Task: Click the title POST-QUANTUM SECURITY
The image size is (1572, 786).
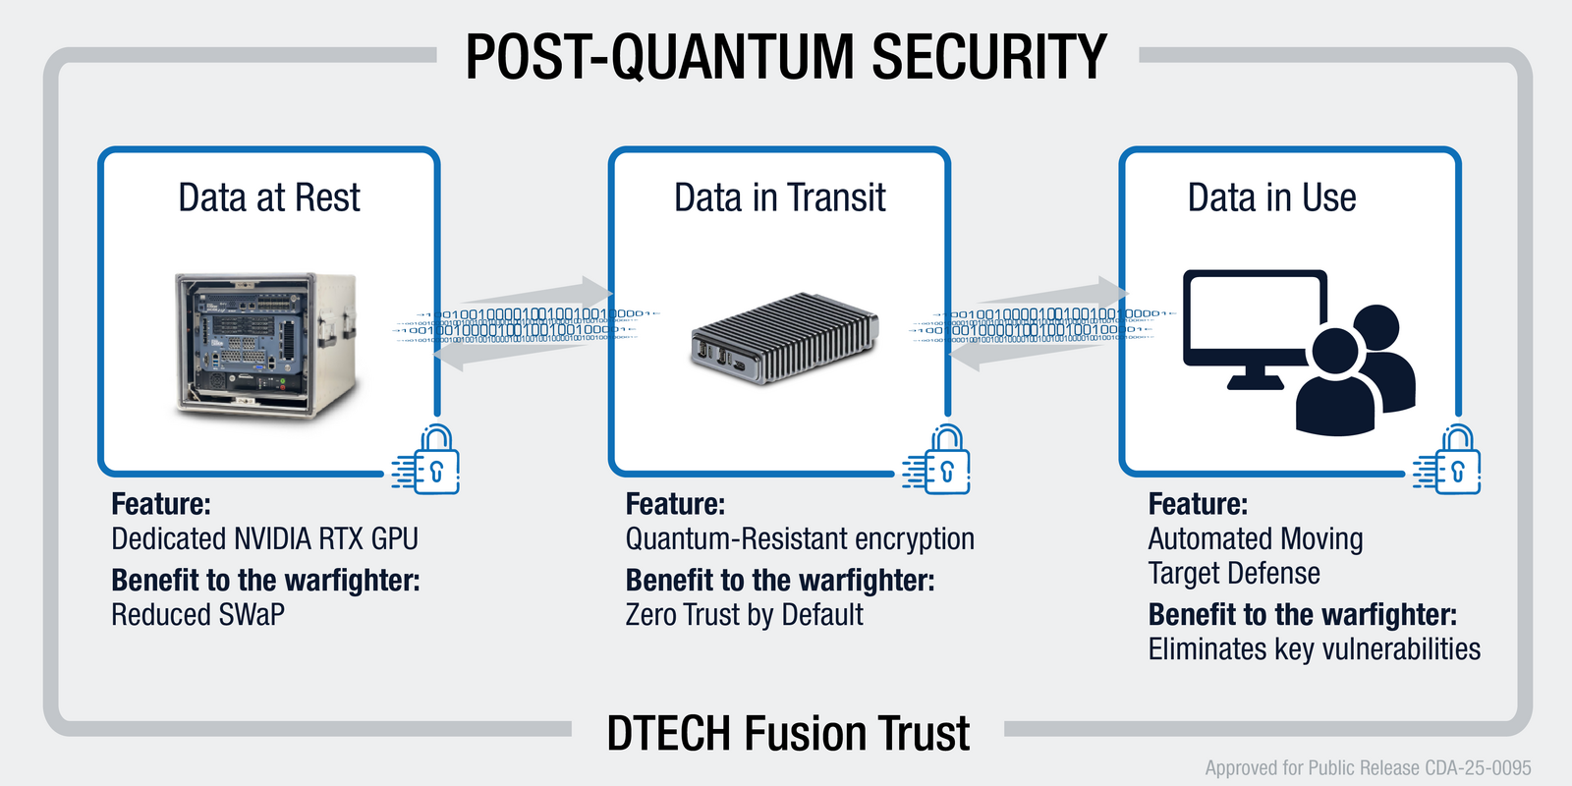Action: pyautogui.click(x=786, y=57)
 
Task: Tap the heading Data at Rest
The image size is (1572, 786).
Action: pyautogui.click(x=269, y=197)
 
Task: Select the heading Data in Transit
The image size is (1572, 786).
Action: pyautogui.click(x=780, y=197)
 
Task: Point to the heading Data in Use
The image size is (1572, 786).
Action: pyautogui.click(x=1271, y=197)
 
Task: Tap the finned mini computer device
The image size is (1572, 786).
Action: pyautogui.click(x=784, y=337)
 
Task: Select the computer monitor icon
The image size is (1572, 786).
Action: pyautogui.click(x=1253, y=324)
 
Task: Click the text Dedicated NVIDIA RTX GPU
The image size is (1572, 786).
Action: pyautogui.click(x=264, y=538)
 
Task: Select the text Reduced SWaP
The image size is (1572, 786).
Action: pyautogui.click(x=197, y=615)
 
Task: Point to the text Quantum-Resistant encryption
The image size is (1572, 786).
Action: pyautogui.click(x=800, y=538)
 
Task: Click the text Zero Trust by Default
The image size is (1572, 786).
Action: pyautogui.click(x=744, y=615)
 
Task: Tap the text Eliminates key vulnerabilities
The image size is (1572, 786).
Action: pyautogui.click(x=1314, y=649)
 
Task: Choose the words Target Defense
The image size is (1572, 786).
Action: pyautogui.click(x=1234, y=573)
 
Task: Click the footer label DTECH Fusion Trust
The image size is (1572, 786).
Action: pyautogui.click(x=788, y=734)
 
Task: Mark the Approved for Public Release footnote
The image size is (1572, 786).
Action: pyautogui.click(x=1368, y=767)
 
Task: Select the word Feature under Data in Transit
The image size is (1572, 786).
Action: pyautogui.click(x=675, y=504)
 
